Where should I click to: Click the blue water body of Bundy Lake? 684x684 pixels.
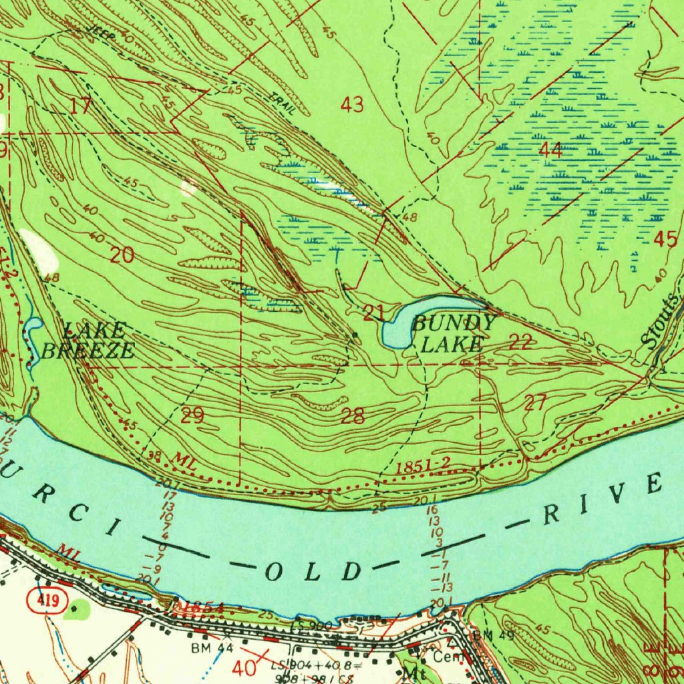(x=397, y=327)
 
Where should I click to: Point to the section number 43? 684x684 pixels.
(x=352, y=105)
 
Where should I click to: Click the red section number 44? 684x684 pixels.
(x=550, y=150)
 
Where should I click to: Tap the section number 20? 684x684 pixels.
(x=122, y=254)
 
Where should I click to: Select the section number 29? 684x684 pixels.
(x=192, y=416)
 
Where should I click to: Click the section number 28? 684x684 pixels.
(x=353, y=417)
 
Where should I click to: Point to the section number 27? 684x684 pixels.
(x=535, y=402)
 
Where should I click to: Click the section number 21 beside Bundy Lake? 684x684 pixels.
(x=373, y=311)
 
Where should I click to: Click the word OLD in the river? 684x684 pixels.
(x=315, y=571)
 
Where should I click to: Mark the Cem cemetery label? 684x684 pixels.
(x=444, y=657)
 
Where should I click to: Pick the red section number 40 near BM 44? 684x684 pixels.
(x=244, y=667)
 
